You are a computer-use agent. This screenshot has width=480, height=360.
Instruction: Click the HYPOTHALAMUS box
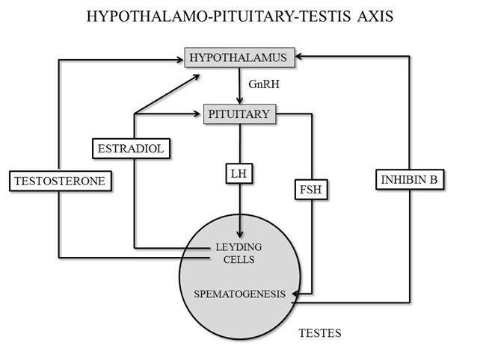240,58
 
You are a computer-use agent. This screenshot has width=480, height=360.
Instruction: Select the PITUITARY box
240,114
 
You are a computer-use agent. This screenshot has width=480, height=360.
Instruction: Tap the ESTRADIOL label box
131,149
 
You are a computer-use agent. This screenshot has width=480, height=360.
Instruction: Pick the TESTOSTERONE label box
61,181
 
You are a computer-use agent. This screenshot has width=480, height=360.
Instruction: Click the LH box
239,174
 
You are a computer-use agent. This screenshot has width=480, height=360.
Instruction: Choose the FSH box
311,190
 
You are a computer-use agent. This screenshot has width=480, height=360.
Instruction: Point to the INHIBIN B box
410,179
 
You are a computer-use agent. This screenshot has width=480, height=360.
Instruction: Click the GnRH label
264,84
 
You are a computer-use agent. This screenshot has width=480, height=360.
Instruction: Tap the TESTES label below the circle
320,333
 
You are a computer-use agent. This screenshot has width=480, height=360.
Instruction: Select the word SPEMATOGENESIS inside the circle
240,294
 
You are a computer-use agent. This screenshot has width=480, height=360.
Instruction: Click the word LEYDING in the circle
239,246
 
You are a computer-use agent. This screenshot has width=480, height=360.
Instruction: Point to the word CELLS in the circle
239,259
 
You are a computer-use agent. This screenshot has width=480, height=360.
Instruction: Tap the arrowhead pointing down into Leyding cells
240,233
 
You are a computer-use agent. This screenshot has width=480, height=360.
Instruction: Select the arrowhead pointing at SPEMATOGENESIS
296,294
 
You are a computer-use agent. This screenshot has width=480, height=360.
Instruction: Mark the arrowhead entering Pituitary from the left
196,114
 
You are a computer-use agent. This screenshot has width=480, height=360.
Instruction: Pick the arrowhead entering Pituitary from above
240,100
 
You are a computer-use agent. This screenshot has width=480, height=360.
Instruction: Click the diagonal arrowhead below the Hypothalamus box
196,77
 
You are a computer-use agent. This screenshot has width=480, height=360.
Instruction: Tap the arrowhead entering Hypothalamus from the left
179,60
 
